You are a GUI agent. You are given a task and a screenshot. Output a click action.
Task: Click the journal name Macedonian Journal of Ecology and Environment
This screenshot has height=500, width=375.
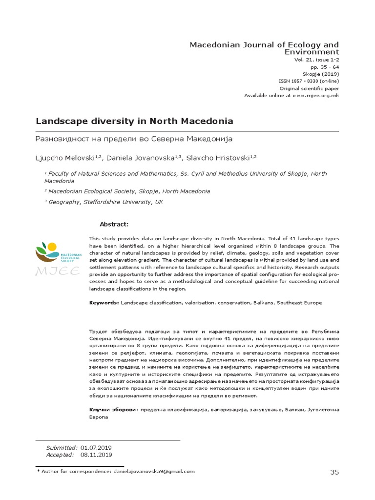264,48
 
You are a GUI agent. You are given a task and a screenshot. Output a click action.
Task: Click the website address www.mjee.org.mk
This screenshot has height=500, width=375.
315,96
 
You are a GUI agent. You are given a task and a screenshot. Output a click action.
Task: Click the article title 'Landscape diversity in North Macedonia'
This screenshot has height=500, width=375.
134,121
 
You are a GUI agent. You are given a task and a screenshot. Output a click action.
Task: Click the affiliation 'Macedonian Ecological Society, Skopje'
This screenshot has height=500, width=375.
129,191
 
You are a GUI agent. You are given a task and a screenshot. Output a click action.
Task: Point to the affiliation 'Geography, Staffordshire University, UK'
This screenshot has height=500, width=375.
105,202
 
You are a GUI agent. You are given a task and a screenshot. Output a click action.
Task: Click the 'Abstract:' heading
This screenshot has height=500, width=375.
114,224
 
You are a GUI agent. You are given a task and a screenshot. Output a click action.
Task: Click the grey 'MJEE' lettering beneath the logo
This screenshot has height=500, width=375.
58,271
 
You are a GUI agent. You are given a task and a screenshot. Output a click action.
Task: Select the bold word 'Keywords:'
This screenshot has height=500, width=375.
104,303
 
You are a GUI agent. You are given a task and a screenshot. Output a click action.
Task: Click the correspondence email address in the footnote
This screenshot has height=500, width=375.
154,472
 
